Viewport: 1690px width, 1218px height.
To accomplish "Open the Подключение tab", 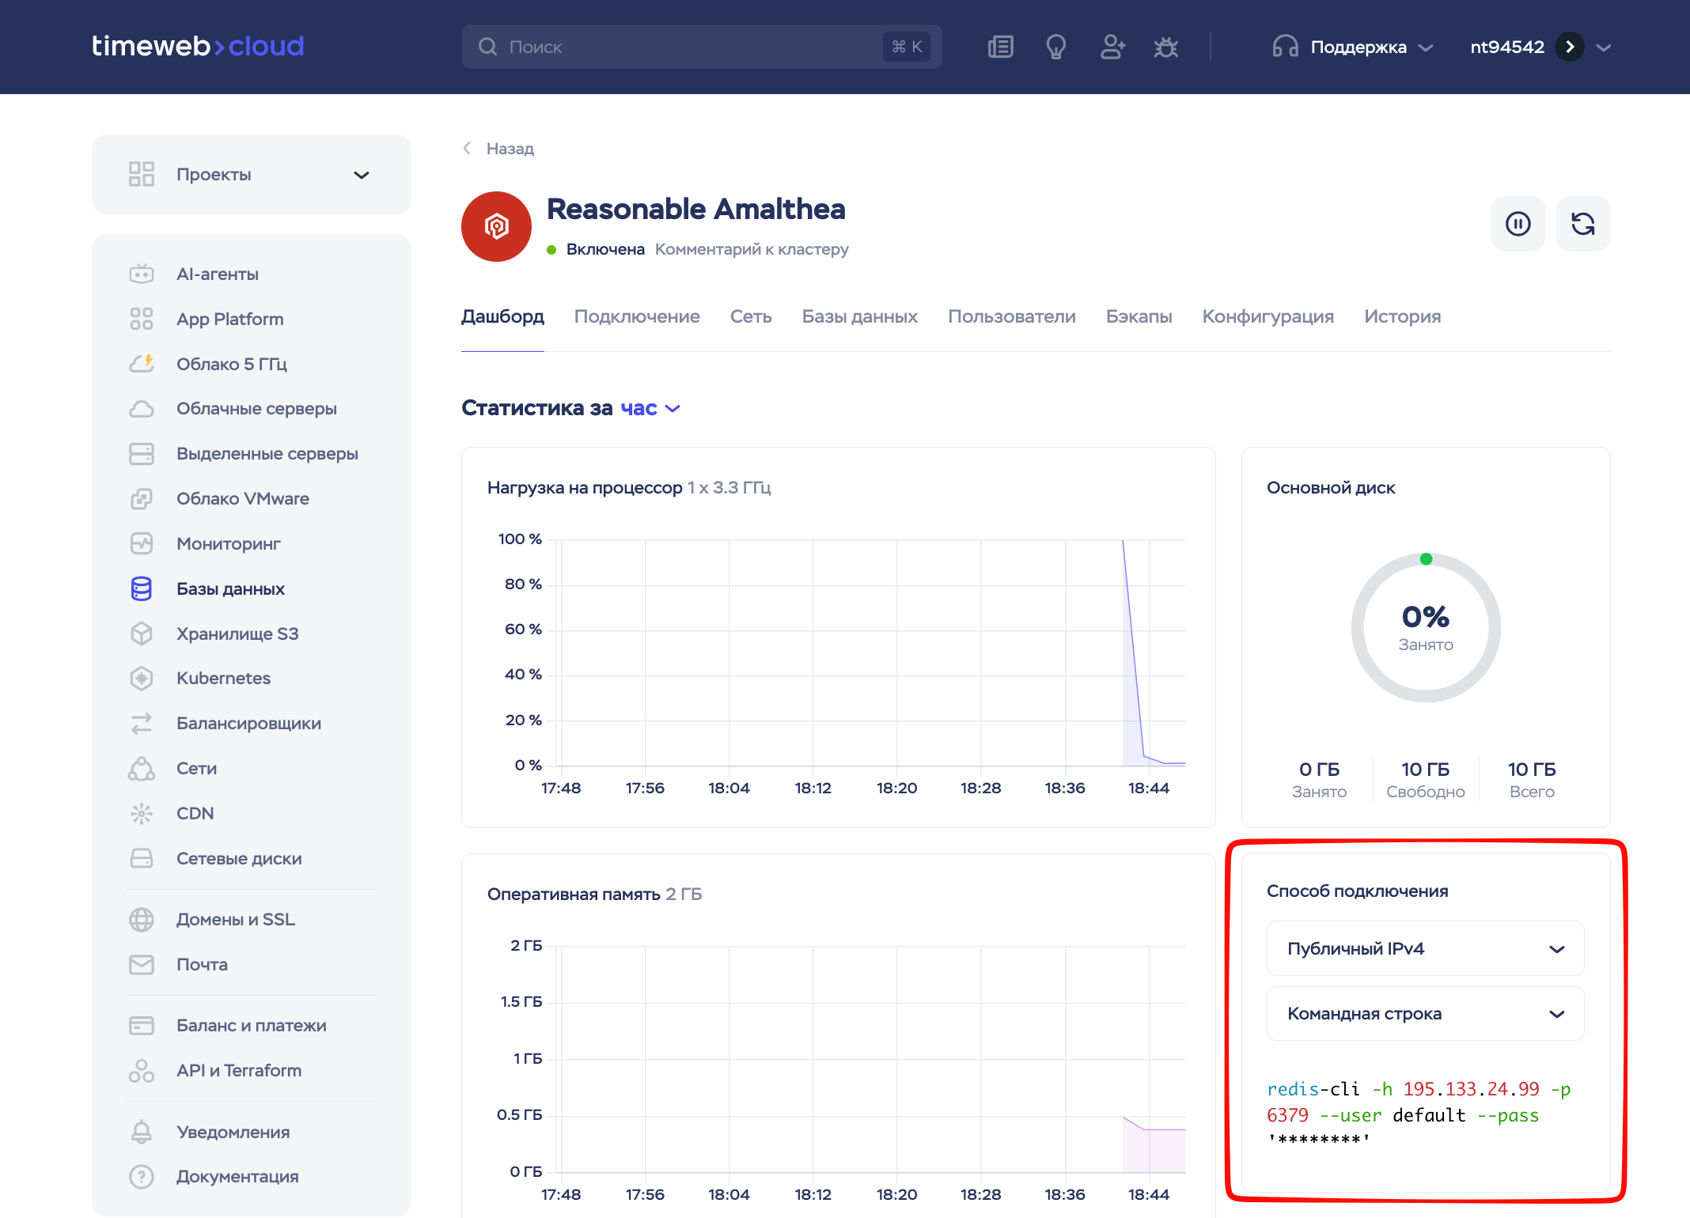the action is [637, 316].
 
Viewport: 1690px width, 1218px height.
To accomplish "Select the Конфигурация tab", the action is [1267, 316].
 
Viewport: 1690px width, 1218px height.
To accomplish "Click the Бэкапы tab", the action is [1139, 316].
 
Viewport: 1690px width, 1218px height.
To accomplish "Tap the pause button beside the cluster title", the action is [1518, 224].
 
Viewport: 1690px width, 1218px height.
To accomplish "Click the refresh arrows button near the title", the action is [1582, 224].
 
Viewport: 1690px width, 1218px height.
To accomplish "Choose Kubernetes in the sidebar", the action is [223, 678].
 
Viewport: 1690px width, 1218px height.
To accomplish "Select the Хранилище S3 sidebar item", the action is [237, 634].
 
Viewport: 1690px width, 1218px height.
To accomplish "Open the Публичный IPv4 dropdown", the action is [1425, 948].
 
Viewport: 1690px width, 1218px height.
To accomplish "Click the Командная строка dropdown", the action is [1425, 1013].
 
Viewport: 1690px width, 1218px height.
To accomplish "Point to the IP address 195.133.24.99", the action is [1471, 1089].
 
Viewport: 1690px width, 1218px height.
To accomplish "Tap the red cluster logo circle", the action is [496, 226].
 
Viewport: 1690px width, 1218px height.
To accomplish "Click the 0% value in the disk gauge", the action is [1425, 617].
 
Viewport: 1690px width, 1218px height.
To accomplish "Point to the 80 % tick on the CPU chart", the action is [523, 584].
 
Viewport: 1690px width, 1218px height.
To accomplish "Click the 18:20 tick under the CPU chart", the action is [896, 788].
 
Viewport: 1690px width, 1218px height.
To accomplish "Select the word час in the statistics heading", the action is [638, 408].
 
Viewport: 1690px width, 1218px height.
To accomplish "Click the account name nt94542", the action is [1506, 47].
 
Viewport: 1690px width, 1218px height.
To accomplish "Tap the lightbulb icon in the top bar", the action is [1055, 47].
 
